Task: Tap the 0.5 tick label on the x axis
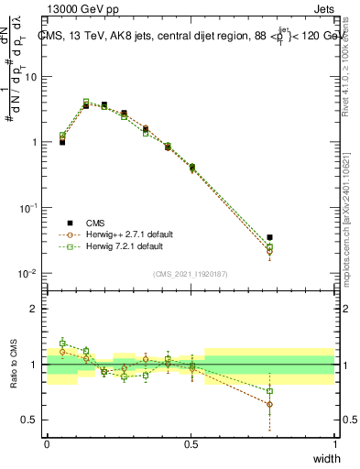click(191, 443)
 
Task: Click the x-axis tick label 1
click(334, 443)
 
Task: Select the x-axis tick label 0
click(47, 443)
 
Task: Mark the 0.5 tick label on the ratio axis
click(29, 420)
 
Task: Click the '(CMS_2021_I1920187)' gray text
click(191, 273)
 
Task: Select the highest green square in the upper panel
click(86, 102)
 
